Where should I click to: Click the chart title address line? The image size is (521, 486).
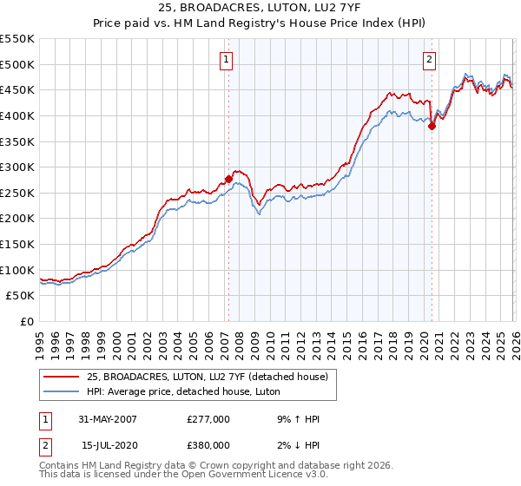click(x=260, y=9)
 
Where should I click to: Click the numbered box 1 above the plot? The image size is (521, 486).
click(x=226, y=60)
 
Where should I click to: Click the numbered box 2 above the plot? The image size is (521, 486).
click(x=430, y=60)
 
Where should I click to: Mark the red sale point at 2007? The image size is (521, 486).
click(x=228, y=180)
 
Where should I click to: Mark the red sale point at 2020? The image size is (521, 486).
click(x=432, y=126)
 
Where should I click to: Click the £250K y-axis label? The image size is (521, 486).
click(x=17, y=193)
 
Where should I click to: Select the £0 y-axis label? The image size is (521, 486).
click(x=26, y=321)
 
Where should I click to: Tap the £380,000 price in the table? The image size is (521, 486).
click(x=208, y=444)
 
